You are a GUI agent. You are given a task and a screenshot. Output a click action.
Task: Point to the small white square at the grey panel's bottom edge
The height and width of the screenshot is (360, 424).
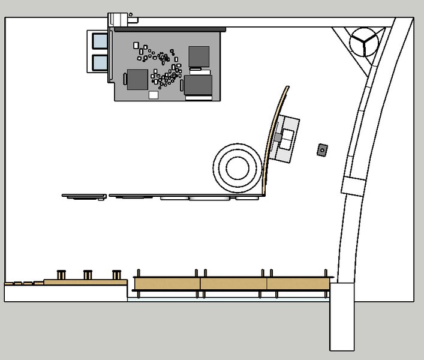pos(154,95)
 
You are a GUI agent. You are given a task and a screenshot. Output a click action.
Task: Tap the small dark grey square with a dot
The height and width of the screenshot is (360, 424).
pos(322,149)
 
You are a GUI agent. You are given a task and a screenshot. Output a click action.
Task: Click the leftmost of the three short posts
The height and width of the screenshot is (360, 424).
pos(61,275)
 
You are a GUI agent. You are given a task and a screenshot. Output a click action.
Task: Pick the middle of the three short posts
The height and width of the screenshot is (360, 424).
pos(88,275)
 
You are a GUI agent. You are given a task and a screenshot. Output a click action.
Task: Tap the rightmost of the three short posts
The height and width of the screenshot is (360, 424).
pos(116,275)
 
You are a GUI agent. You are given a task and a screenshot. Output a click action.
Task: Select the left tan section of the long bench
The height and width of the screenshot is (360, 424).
pos(167,283)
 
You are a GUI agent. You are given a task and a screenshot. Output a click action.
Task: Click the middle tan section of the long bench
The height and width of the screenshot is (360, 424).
pos(233,283)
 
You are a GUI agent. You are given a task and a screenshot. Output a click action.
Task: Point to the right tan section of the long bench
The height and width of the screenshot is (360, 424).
pos(298,283)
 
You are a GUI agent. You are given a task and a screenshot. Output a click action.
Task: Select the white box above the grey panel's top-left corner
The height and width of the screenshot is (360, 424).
pos(118,19)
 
